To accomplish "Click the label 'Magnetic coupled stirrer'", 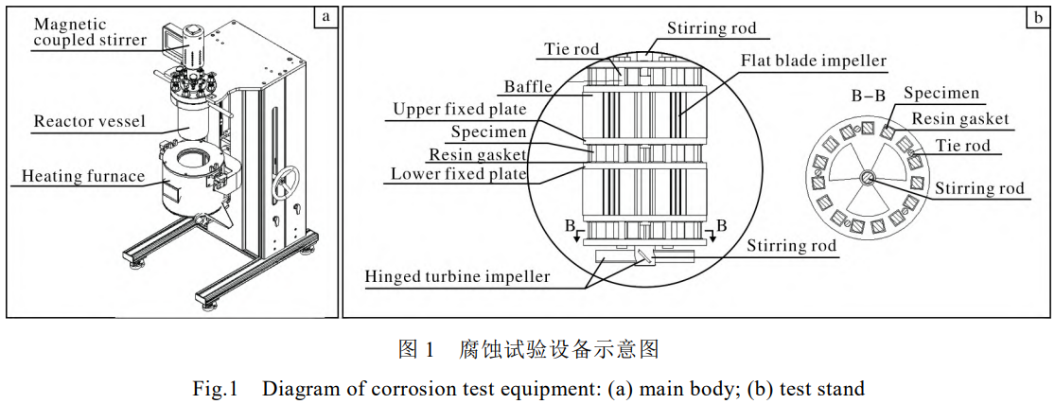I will pos(89,31).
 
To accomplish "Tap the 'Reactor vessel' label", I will pos(89,121).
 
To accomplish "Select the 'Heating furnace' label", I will pos(83,176).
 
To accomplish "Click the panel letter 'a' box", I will pos(326,16).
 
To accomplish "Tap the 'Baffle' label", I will pos(529,87).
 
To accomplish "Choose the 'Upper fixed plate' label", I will pos(461,110).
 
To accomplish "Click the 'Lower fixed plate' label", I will pos(459,174).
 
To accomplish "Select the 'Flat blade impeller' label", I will pos(813,61).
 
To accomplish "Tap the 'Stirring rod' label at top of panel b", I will pos(712,28).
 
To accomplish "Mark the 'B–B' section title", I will pos(870,96).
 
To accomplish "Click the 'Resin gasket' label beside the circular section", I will pos(959,119).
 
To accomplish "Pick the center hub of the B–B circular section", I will pos(868,179).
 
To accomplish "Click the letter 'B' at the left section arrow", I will pos(570,227).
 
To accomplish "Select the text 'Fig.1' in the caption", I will pos(214,388).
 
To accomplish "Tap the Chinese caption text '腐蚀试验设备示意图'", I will pos(557,349).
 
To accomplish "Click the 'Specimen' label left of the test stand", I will pos(489,132).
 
